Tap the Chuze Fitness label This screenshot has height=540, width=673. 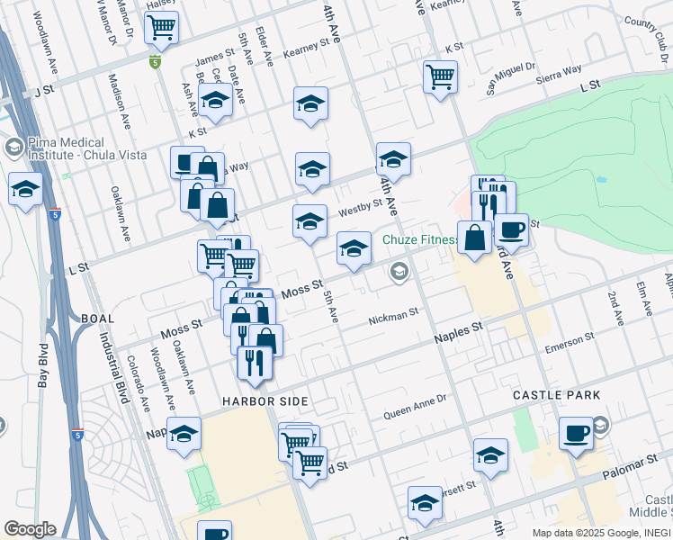(420, 240)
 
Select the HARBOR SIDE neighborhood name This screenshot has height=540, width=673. (266, 400)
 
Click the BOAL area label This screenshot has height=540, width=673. (97, 319)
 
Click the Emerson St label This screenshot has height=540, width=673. (571, 342)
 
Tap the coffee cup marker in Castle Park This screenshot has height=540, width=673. (576, 434)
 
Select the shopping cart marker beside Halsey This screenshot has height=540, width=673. (161, 28)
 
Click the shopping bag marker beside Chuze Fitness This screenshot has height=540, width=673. (474, 238)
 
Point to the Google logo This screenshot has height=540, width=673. (29, 529)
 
